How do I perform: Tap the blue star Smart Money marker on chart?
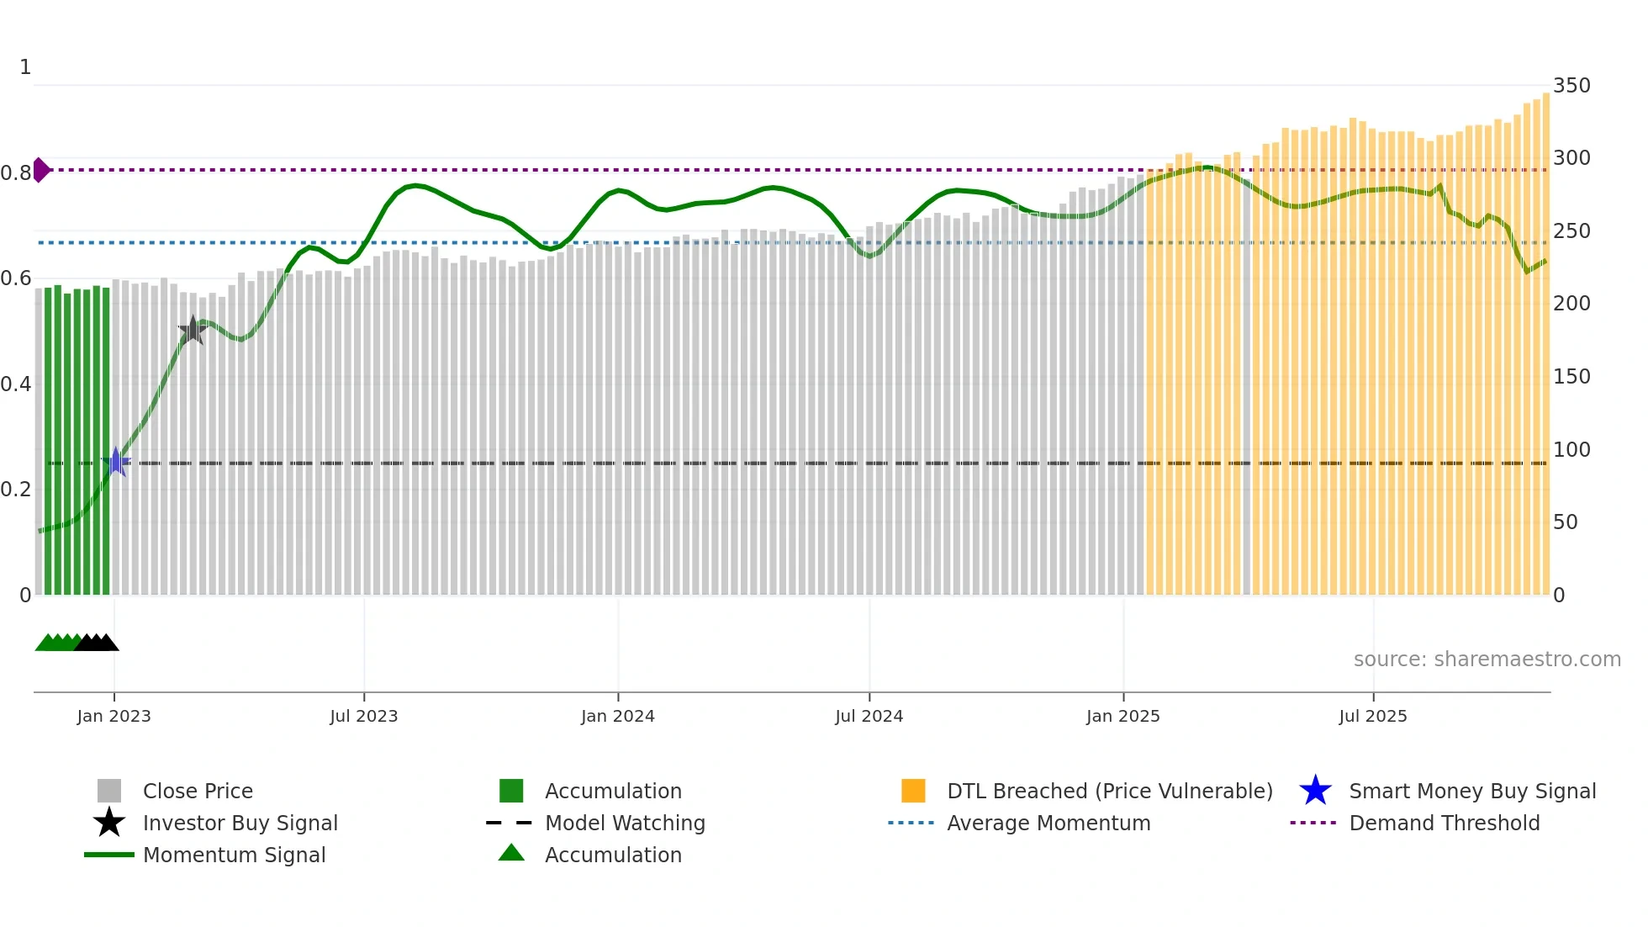116,462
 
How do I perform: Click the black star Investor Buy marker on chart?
193,330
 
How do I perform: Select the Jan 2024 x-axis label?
617,716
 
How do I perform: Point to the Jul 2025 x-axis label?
1372,716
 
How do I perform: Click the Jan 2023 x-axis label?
114,716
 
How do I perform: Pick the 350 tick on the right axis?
1571,86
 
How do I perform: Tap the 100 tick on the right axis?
1571,449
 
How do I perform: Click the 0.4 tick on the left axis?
16,384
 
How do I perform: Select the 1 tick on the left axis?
25,67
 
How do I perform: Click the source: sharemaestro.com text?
1487,659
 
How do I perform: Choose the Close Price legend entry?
197,791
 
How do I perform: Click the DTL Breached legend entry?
1109,791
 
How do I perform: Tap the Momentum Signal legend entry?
234,855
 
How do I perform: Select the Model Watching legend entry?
624,823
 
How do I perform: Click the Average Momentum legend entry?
1048,823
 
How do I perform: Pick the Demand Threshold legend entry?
1444,823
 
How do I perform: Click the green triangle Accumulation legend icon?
511,853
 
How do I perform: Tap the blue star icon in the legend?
1315,791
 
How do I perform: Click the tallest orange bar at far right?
1545,336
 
